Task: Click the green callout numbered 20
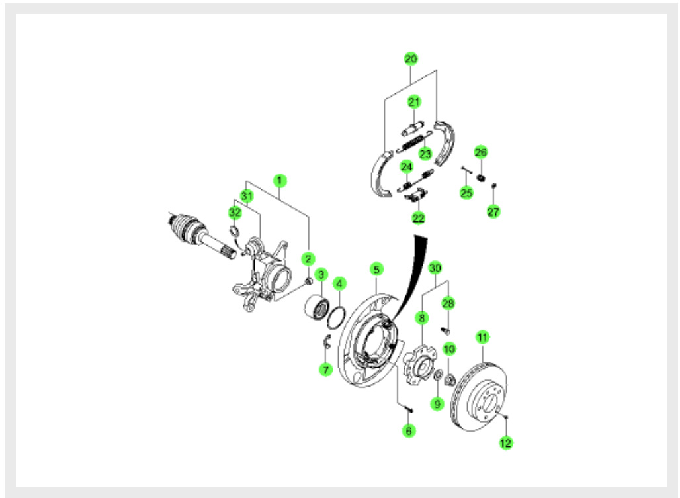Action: [411, 59]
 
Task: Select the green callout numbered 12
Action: [505, 443]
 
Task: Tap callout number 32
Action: [235, 213]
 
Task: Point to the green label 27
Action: [493, 211]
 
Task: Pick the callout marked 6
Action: [409, 430]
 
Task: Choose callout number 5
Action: [376, 269]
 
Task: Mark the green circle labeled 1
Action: [280, 181]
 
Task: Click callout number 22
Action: [418, 217]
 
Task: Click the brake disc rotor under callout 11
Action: [479, 397]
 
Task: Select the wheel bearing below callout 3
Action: [316, 307]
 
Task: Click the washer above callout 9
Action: [438, 375]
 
